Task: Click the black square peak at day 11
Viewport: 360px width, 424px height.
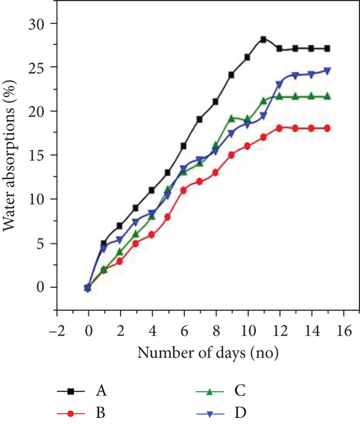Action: pyautogui.click(x=263, y=40)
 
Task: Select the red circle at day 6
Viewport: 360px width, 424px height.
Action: pyautogui.click(x=184, y=190)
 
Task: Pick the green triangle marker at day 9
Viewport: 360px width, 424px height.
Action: pyautogui.click(x=232, y=118)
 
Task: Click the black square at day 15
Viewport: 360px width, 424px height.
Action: pyautogui.click(x=327, y=49)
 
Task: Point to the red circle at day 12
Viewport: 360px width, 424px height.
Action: pyautogui.click(x=280, y=128)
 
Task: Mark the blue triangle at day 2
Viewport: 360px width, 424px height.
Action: pyautogui.click(x=120, y=239)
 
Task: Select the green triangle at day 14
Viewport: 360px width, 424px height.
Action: pyautogui.click(x=311, y=96)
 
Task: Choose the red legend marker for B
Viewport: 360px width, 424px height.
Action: pyautogui.click(x=71, y=413)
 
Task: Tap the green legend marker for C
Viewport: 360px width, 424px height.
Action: pyautogui.click(x=209, y=391)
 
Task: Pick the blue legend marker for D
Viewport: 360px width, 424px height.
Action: pyautogui.click(x=209, y=414)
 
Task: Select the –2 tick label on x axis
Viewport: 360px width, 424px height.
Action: pyautogui.click(x=58, y=330)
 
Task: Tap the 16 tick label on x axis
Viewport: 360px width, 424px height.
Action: pyautogui.click(x=344, y=330)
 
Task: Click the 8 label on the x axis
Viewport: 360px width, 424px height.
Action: pyautogui.click(x=216, y=330)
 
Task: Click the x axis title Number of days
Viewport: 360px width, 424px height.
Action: pyautogui.click(x=191, y=353)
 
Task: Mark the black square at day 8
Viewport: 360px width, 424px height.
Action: pyautogui.click(x=215, y=102)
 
